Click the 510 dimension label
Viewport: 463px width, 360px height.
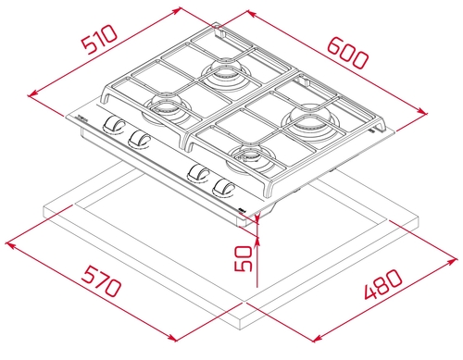coord(99,40)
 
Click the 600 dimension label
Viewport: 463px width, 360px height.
coord(347,53)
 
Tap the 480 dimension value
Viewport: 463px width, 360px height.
coord(383,284)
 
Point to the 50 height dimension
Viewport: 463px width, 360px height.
coord(244,258)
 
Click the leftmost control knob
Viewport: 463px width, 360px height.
coord(113,125)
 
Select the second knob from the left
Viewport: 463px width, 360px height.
coord(139,138)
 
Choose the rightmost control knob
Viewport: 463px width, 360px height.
coord(224,188)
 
